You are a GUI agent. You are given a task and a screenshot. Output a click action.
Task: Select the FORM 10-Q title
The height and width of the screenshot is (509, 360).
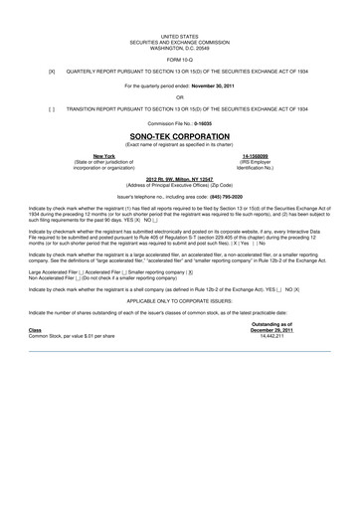(x=180, y=56)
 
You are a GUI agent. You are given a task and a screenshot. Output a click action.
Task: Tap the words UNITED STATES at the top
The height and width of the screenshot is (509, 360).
(x=180, y=34)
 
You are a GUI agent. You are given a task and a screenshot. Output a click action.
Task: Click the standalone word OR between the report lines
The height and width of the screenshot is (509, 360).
(x=180, y=97)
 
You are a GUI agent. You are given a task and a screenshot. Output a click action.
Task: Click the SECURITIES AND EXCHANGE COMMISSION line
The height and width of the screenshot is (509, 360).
(x=180, y=39)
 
